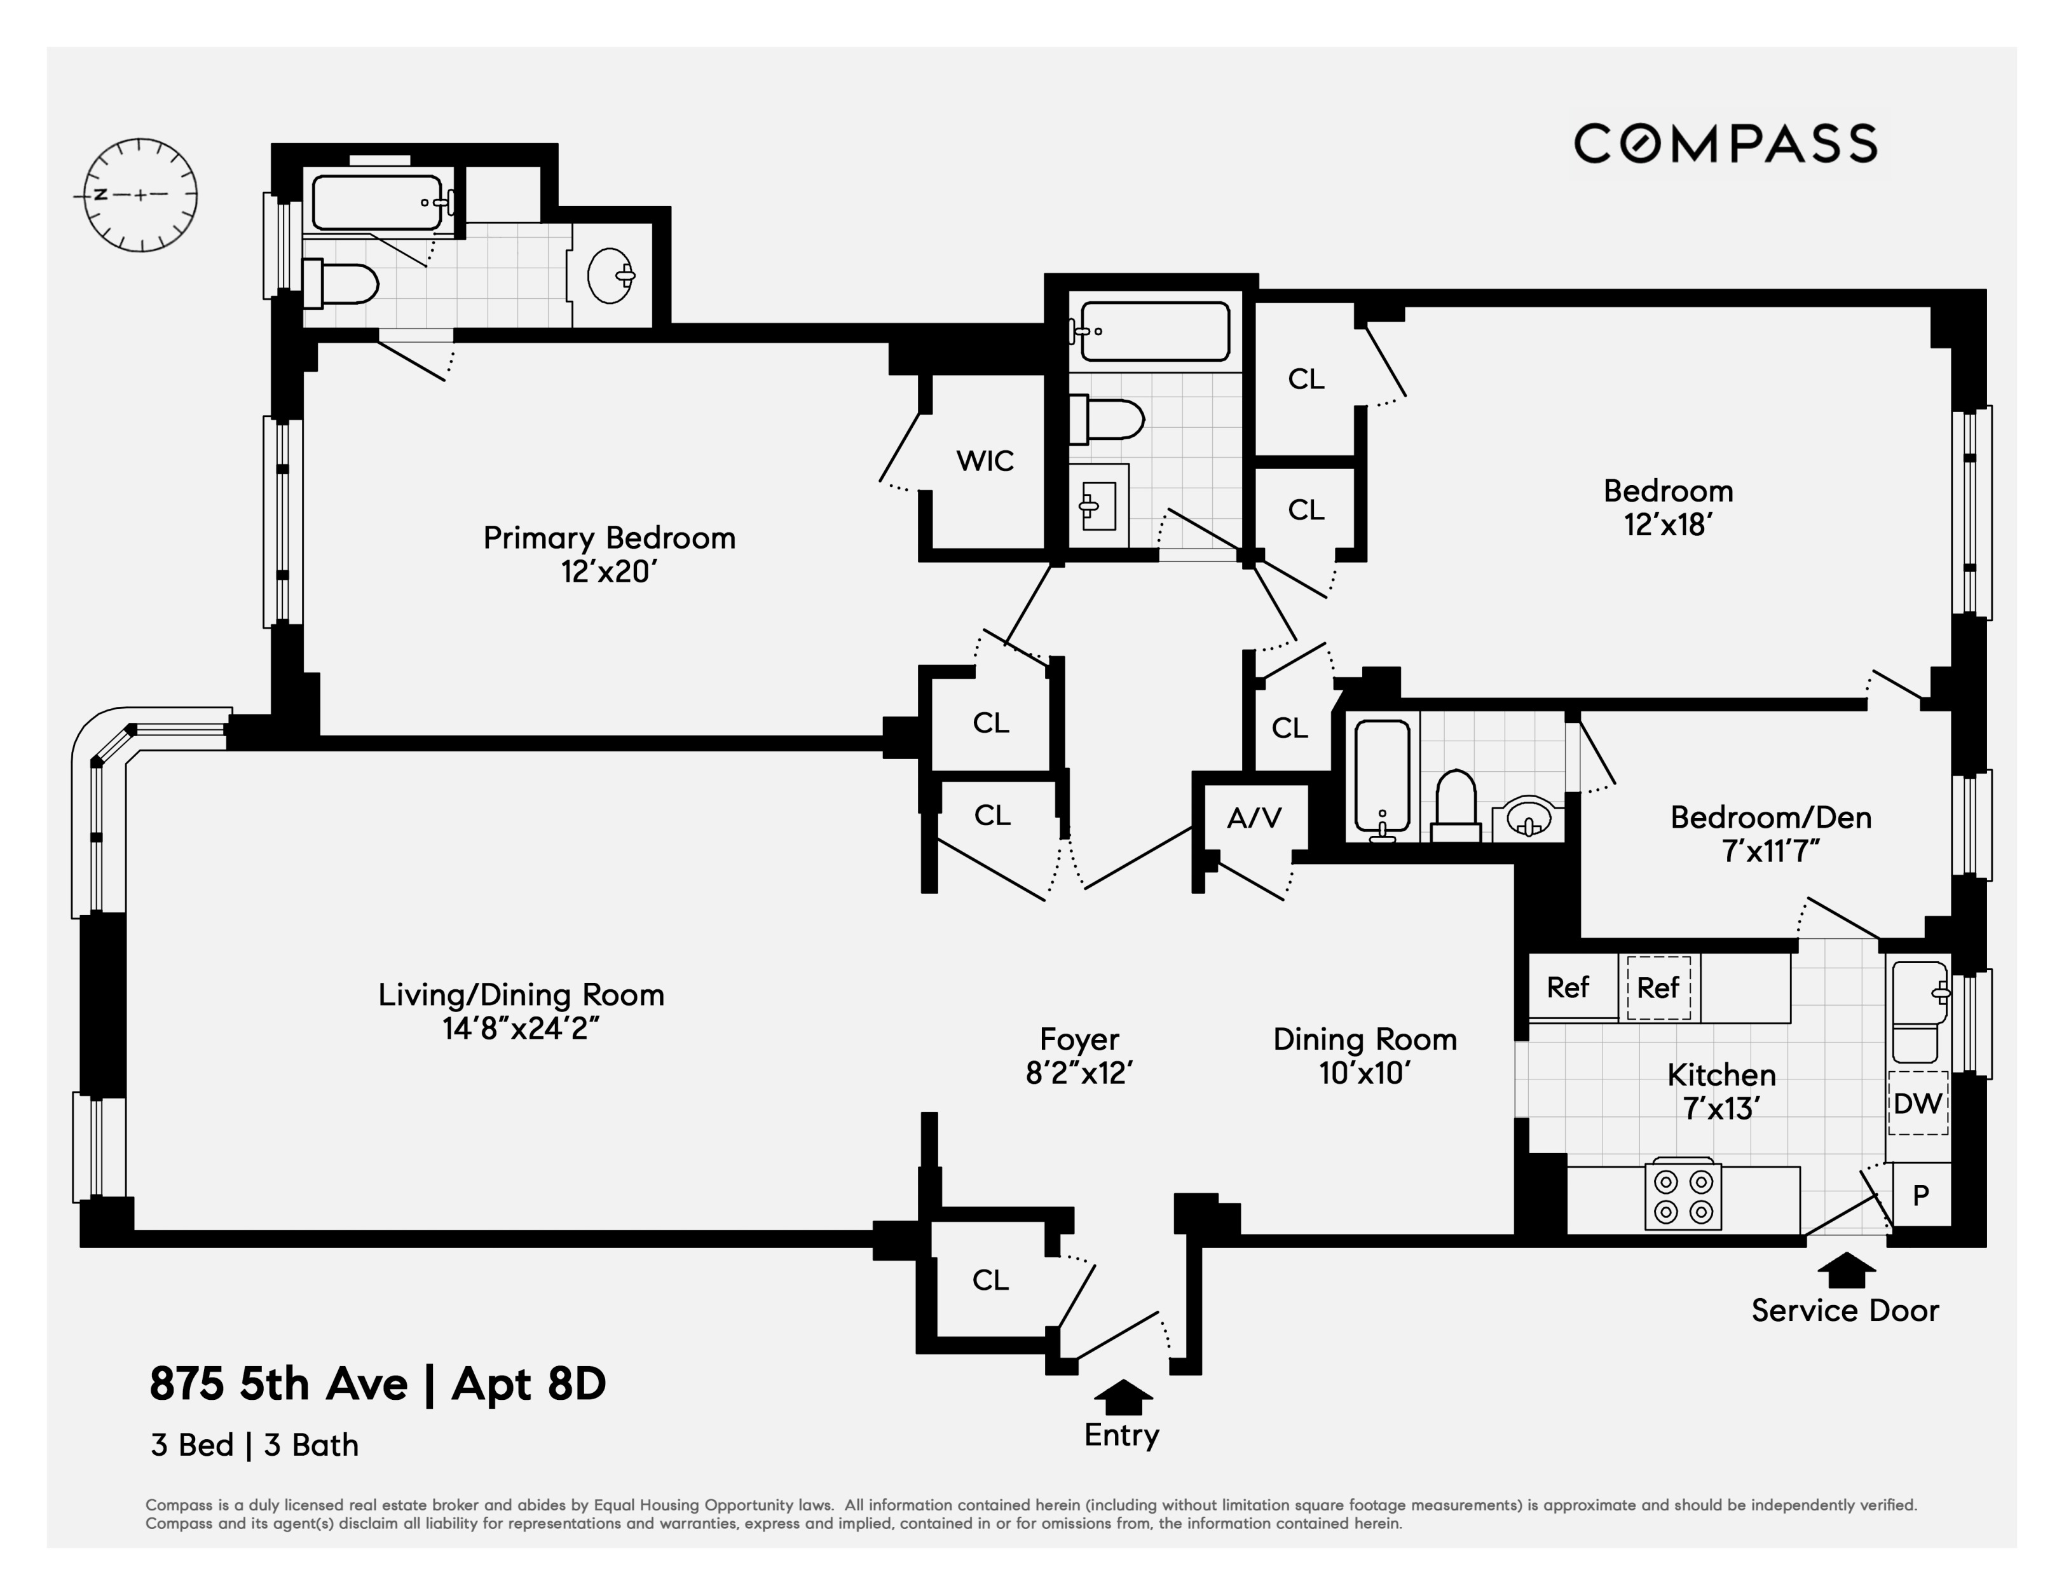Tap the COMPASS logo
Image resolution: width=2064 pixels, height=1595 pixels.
pyautogui.click(x=1725, y=144)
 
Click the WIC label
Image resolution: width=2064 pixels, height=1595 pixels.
pyautogui.click(x=985, y=461)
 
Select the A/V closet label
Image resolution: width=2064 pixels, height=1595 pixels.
pyautogui.click(x=1254, y=818)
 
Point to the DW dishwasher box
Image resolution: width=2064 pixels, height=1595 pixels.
pyautogui.click(x=1918, y=1103)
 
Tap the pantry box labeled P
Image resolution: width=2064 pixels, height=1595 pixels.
pyautogui.click(x=1920, y=1195)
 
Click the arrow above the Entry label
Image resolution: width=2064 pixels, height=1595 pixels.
pyautogui.click(x=1123, y=1397)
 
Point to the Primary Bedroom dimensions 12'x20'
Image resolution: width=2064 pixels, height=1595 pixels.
pyautogui.click(x=608, y=572)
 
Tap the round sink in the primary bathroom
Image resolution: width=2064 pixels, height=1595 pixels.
pyautogui.click(x=610, y=275)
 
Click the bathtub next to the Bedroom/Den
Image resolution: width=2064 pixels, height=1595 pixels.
pyautogui.click(x=1382, y=777)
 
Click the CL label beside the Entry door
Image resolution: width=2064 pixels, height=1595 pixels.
pyautogui.click(x=990, y=1280)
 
